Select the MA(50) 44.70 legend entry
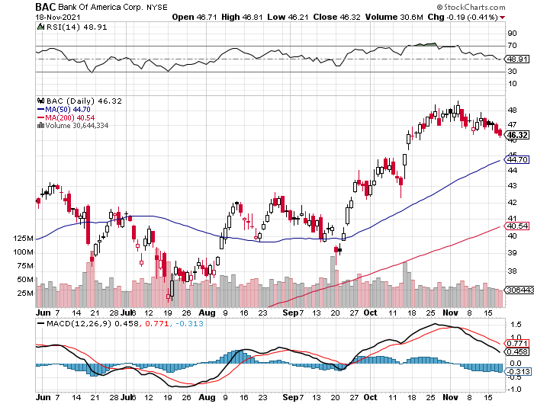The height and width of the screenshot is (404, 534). [x=63, y=109]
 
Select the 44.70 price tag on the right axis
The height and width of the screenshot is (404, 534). [x=517, y=159]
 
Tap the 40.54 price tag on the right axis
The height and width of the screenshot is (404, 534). [x=517, y=226]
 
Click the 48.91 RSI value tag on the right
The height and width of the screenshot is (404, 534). [x=517, y=59]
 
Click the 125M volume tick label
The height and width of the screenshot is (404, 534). [x=23, y=239]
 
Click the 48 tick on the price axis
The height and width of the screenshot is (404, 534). [x=511, y=108]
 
